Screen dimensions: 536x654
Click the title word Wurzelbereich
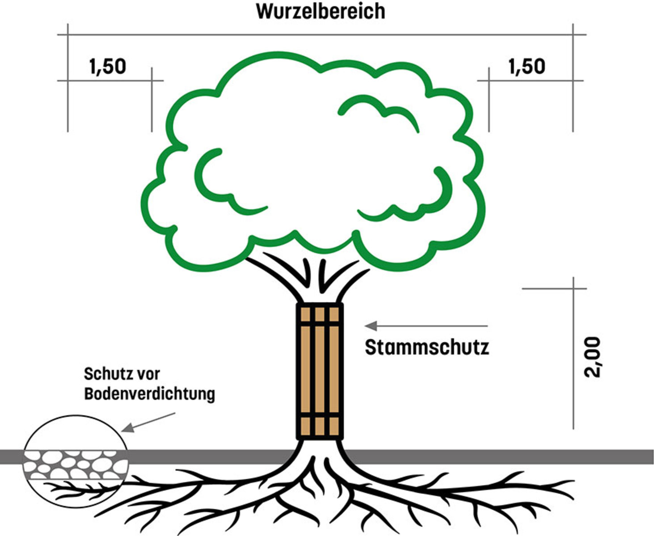(321, 12)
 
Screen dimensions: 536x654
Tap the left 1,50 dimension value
(108, 67)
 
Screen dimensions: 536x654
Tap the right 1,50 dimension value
(527, 67)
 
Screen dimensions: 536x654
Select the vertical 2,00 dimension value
(593, 357)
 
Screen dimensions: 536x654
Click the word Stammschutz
(427, 348)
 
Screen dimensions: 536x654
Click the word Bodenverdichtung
(149, 394)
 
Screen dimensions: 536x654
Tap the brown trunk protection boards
(319, 371)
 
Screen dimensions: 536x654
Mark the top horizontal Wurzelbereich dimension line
(321, 34)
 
